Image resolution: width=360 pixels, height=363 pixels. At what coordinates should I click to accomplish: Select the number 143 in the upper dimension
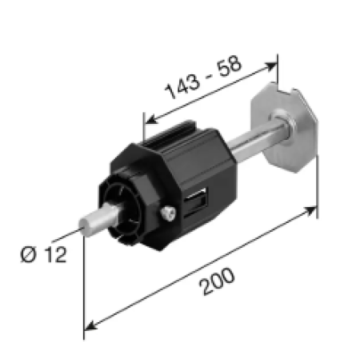[x=182, y=86]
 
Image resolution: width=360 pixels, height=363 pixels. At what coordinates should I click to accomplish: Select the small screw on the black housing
[x=169, y=213]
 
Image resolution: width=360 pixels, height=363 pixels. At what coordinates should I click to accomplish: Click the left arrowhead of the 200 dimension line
[x=89, y=327]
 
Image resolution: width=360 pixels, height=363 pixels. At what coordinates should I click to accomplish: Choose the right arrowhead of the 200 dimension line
[x=311, y=211]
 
